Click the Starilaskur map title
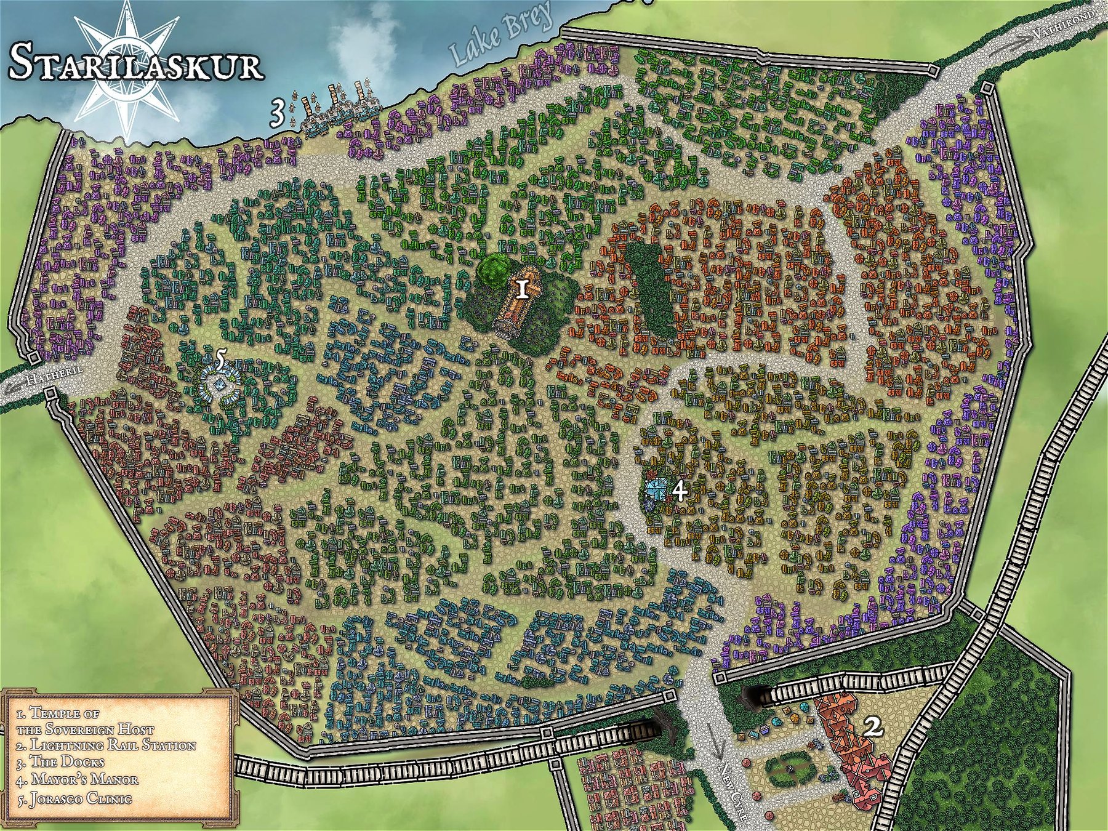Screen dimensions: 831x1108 (x=137, y=62)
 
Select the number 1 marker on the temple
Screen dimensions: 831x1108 (x=522, y=289)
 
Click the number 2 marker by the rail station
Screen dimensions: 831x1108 (x=873, y=728)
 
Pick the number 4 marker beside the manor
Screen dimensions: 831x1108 (x=679, y=491)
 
